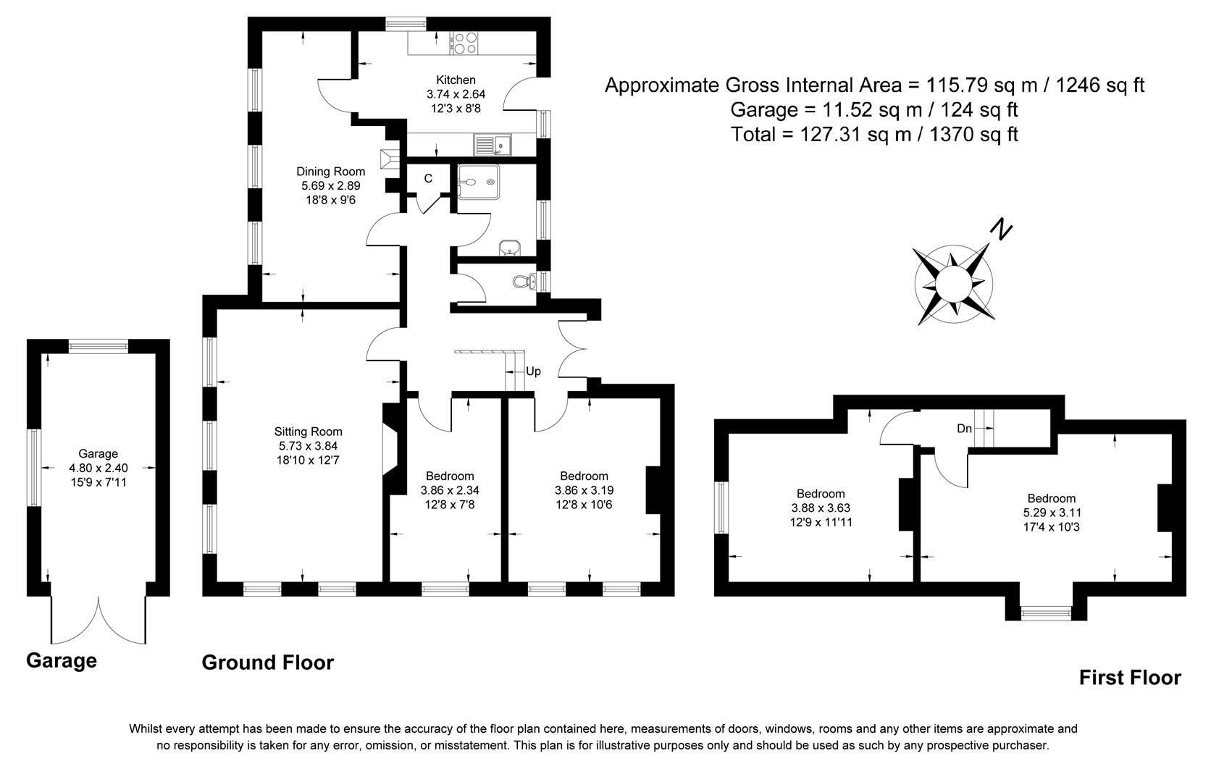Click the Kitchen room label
456,80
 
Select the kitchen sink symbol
493,146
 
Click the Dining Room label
330,172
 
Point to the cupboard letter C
428,178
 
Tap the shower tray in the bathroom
478,179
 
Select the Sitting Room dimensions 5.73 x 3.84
308,446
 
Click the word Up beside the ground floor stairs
533,371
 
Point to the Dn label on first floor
964,429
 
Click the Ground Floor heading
267,663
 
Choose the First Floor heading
1129,678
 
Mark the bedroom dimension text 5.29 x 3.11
1051,513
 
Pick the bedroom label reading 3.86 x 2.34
450,490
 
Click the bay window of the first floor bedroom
1045,613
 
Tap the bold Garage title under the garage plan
61,660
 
